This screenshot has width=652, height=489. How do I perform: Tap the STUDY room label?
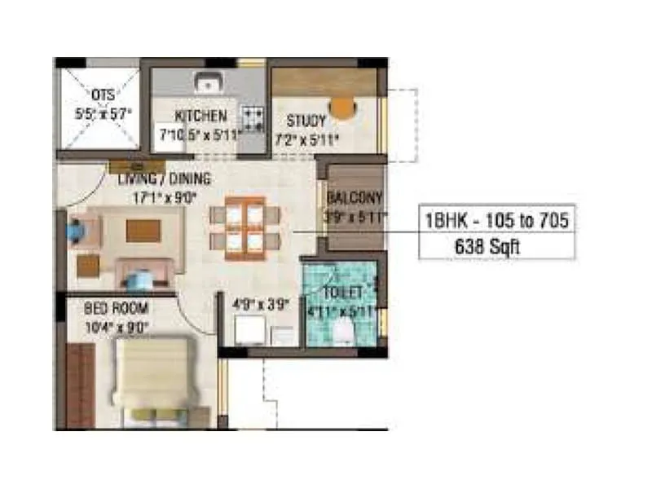point(306,121)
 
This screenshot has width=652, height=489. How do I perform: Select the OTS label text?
point(104,95)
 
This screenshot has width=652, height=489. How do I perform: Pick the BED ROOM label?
point(116,308)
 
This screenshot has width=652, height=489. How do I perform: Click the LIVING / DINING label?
point(164,178)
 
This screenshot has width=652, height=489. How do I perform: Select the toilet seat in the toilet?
point(346,330)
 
